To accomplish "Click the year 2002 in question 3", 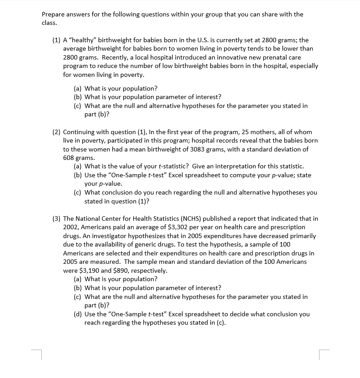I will [x=72, y=227].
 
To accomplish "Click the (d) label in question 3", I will [x=78, y=314].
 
